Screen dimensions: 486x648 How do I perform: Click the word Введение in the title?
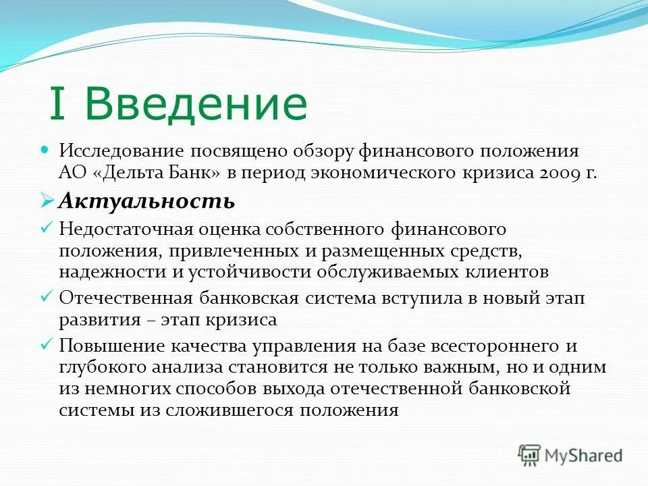point(196,105)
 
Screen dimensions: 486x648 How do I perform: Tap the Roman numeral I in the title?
point(58,105)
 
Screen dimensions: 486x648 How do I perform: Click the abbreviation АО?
point(71,172)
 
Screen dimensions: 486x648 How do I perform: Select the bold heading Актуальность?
point(146,200)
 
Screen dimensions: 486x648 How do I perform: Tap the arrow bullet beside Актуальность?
point(47,200)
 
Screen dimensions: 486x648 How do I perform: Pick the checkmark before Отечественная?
point(47,296)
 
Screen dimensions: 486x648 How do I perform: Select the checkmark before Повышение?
point(47,345)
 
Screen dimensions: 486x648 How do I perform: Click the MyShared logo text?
point(585,454)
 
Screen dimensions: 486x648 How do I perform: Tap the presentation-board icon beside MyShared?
point(530,454)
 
